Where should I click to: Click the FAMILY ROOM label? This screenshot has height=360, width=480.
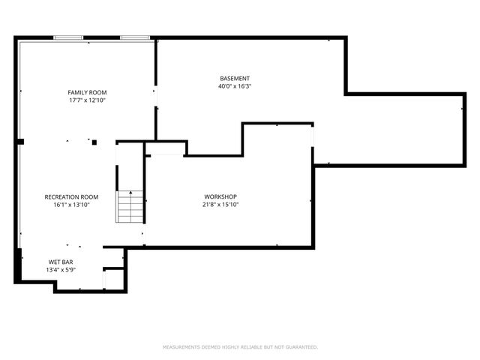coord(87,92)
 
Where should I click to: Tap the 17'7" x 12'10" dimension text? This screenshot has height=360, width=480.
coord(87,100)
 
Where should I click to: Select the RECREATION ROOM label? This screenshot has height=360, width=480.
coord(71,196)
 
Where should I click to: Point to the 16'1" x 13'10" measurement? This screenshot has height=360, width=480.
coord(71,204)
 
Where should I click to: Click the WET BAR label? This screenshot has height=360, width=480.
coord(61,262)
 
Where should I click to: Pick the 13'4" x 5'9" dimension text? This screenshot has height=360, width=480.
coord(61,270)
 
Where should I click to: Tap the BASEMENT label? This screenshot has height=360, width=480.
coord(235,79)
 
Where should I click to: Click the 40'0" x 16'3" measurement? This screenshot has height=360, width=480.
coord(235,86)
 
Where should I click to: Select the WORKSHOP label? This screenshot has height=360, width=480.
coord(220,196)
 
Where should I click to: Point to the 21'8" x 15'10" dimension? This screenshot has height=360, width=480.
coord(220,204)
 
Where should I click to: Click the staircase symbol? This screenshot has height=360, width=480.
coord(129,207)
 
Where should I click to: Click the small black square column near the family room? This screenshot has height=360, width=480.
coord(94,141)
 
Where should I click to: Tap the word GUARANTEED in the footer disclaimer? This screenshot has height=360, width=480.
coord(299,347)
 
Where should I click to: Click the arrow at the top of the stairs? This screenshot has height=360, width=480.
coord(129,193)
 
